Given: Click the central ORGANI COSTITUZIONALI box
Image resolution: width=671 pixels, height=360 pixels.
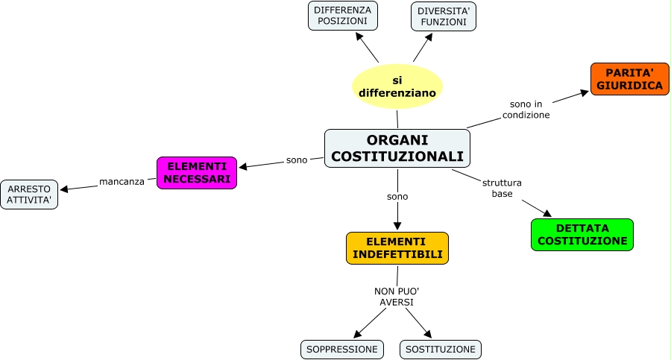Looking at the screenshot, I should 397,148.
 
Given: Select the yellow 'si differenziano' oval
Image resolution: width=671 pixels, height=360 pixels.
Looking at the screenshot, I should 397,86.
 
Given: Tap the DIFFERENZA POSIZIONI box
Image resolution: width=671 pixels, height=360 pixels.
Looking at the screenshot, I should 343,16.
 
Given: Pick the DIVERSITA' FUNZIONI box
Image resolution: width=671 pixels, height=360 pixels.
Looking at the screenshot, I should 443,16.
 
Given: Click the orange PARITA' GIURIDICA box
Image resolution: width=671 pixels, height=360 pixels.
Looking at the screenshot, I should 629,79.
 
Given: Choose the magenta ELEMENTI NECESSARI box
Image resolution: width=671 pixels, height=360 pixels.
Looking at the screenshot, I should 197,173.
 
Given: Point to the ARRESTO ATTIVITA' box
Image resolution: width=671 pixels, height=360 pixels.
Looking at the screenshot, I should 29,195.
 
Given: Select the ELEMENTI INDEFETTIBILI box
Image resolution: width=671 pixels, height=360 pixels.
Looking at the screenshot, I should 397,248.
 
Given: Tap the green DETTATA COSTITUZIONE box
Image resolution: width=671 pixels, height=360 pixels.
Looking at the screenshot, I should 582,235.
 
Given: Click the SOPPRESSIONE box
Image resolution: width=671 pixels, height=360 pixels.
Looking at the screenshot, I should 342,349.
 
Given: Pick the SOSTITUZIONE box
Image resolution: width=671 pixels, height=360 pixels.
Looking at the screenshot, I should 441,349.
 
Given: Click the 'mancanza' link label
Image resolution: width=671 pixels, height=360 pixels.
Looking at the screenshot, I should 122,181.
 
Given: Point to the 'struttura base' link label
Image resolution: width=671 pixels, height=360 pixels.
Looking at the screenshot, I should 502,188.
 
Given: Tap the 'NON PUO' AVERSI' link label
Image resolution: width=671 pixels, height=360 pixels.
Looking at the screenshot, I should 397,297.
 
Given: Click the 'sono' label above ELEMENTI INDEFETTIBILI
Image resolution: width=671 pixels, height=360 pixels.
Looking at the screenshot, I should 397,197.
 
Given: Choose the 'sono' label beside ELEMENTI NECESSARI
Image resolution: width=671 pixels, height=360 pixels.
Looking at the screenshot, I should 297,160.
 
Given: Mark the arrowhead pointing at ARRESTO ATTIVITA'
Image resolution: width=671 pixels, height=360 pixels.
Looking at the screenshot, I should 63,189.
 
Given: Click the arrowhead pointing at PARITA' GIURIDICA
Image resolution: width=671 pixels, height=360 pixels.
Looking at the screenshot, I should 585,93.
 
